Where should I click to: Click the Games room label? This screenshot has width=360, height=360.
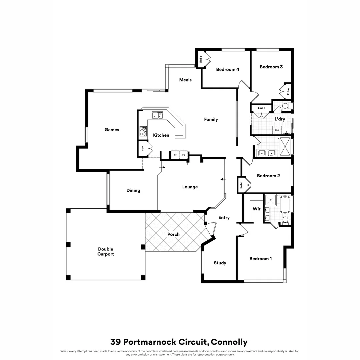[x=112, y=130]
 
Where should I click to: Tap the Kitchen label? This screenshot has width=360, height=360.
[x=161, y=135]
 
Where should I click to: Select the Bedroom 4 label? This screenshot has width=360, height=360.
[x=228, y=69]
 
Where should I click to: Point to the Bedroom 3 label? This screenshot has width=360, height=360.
[x=271, y=67]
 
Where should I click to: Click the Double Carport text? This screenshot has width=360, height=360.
[x=106, y=252]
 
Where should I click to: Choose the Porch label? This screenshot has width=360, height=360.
[x=173, y=234]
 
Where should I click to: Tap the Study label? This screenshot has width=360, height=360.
[x=220, y=263]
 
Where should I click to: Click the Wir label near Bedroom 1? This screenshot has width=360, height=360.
[x=256, y=209]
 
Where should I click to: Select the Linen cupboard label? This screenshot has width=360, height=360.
[x=261, y=108]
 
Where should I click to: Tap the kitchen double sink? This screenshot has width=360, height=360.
[x=157, y=115]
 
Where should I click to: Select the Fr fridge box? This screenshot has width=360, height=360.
[x=175, y=155]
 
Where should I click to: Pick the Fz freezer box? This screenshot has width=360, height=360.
[x=184, y=155]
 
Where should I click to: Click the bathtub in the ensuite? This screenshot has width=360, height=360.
[x=285, y=204]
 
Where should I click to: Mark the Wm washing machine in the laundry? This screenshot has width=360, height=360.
[x=277, y=130]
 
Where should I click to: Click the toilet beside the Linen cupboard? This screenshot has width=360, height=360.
[x=285, y=106]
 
